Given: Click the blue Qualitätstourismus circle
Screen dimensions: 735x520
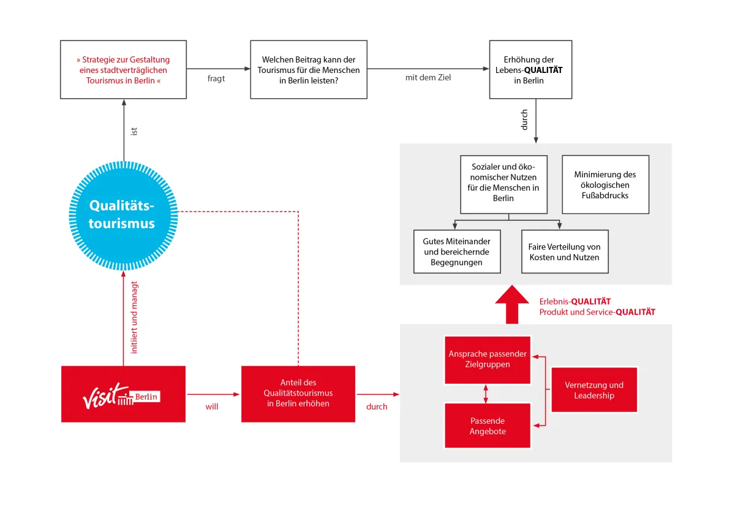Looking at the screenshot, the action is (123, 215).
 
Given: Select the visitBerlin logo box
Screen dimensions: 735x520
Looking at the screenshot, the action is (123, 394).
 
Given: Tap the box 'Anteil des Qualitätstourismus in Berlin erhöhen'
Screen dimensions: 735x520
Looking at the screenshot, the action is (298, 394).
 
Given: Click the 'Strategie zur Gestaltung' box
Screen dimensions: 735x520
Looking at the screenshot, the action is (123, 70).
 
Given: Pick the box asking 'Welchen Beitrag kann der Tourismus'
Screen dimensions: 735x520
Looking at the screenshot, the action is (309, 70).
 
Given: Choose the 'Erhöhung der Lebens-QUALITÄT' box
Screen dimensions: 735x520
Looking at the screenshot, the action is (530, 70).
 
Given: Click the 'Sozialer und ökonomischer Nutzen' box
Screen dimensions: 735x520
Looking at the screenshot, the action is (503, 185).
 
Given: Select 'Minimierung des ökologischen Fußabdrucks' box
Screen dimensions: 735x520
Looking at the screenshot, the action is (605, 185).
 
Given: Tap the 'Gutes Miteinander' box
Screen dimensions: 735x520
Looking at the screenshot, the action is (457, 251).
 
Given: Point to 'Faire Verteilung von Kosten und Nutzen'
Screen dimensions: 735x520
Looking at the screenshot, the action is (565, 251).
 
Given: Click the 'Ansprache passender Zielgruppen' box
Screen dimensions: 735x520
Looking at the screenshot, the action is (488, 360).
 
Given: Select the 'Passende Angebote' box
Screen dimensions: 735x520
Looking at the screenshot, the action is (488, 426).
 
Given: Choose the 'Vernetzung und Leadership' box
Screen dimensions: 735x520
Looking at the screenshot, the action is (594, 389).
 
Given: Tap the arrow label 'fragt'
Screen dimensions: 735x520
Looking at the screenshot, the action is (216, 78).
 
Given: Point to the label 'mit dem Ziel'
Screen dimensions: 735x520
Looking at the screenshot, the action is (428, 77).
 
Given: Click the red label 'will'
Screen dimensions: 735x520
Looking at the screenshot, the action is (212, 407).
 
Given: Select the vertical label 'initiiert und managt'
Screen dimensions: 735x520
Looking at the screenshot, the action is (134, 317).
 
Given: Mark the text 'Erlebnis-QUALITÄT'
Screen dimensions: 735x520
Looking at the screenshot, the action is (575, 301).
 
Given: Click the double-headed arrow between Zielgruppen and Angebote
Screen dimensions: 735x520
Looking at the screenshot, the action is (486, 394).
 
